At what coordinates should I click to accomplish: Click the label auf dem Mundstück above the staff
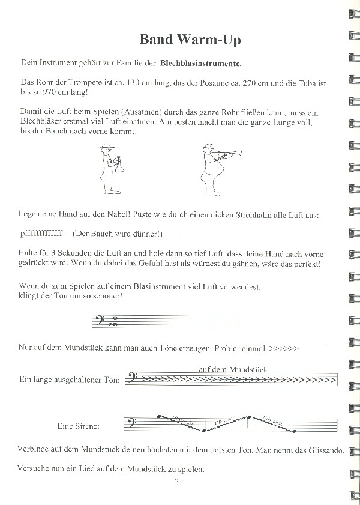point(232,369)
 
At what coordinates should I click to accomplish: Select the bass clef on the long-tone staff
point(133,379)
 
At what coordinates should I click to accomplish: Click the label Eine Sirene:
point(78,427)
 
